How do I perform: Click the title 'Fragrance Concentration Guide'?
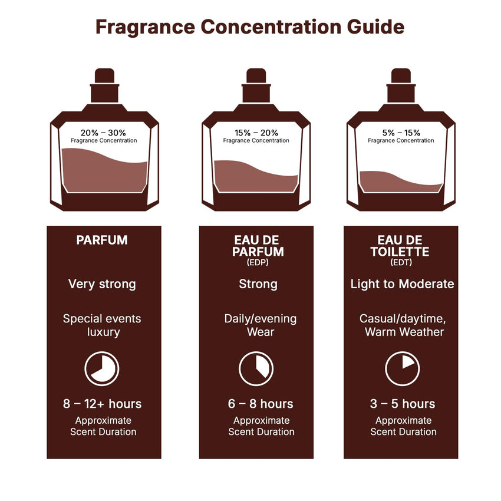(x=250, y=27)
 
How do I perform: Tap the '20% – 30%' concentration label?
(x=103, y=133)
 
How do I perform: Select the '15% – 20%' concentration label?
(x=256, y=133)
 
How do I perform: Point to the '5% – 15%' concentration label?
(x=401, y=133)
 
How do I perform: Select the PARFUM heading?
(x=102, y=240)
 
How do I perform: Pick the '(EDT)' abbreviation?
(x=401, y=263)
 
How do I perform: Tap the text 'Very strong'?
(x=102, y=284)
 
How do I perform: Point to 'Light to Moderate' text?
(x=402, y=284)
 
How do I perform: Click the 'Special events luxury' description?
(x=102, y=325)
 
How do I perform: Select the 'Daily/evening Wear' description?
(x=260, y=325)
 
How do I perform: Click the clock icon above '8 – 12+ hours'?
(x=102, y=369)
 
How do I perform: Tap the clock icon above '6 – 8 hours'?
(x=256, y=369)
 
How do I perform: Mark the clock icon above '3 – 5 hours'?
(x=402, y=369)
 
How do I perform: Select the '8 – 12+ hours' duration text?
(x=102, y=404)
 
